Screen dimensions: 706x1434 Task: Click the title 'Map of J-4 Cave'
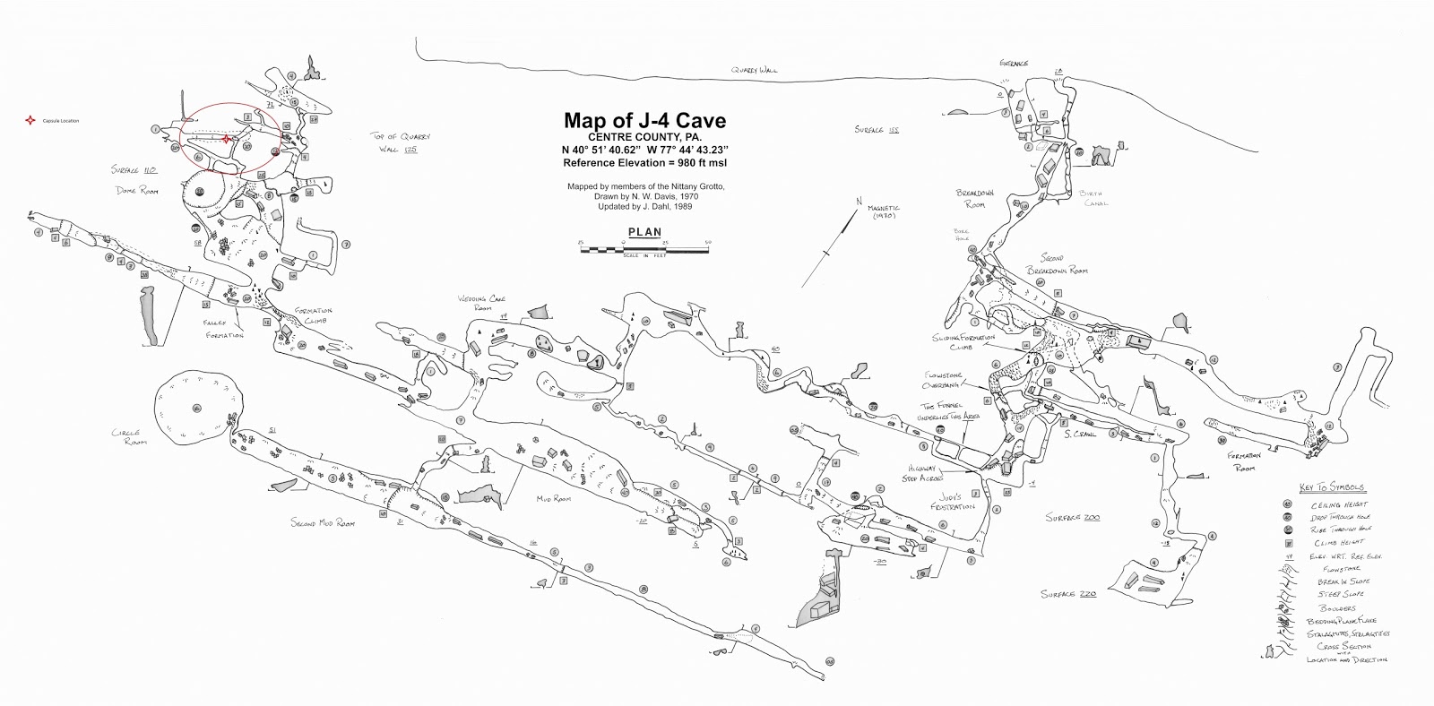(644, 120)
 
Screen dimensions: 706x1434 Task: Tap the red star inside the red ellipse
(227, 138)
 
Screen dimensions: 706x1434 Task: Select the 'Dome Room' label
(136, 191)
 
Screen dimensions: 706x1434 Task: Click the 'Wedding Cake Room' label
(477, 302)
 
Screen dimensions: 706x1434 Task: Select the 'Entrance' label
(1014, 64)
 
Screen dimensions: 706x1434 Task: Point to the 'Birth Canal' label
(1095, 198)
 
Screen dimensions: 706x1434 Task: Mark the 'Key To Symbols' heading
(1332, 487)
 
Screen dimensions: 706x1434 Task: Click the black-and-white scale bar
(644, 245)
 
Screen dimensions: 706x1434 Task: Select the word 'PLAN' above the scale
(644, 232)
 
